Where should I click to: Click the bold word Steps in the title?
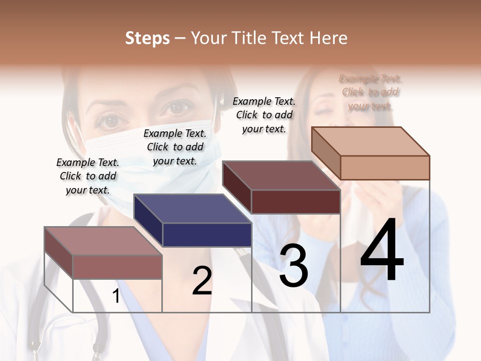click(147, 38)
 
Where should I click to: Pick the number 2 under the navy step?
click(202, 281)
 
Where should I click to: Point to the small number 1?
click(116, 296)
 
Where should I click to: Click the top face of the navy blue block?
click(192, 208)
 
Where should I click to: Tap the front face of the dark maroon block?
click(296, 202)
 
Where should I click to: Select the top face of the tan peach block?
click(371, 141)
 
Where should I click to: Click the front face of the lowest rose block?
click(117, 267)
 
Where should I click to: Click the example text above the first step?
click(88, 176)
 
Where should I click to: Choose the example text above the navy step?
click(175, 147)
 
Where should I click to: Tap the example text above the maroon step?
click(264, 115)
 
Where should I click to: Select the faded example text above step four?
click(370, 92)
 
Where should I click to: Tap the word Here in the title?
click(329, 38)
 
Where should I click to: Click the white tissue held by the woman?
click(358, 211)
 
